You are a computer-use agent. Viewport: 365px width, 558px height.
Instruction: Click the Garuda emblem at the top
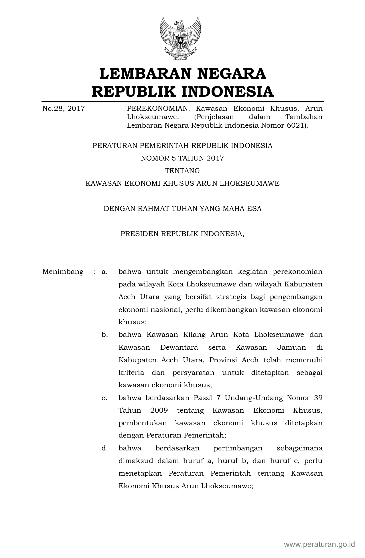(180, 39)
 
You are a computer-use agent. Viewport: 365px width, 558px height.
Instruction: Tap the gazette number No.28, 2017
(64, 109)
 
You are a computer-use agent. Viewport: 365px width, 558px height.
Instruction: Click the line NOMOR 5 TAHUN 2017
(182, 158)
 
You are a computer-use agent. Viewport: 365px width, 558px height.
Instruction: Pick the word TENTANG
(182, 171)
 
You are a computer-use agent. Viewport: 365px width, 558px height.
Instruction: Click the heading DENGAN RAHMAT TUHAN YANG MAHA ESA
(182, 209)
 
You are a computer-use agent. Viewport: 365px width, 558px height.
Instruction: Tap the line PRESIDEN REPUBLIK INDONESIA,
(182, 234)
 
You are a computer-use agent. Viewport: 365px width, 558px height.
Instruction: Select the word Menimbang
(63, 272)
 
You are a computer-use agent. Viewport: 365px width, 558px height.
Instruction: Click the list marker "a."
(104, 272)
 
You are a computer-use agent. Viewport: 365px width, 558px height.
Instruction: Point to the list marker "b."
(104, 335)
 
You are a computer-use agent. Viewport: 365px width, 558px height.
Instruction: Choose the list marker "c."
(104, 398)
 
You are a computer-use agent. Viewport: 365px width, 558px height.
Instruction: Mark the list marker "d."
(104, 448)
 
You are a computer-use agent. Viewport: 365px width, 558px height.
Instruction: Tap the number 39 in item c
(318, 398)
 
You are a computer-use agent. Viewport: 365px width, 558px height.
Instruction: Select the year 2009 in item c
(159, 410)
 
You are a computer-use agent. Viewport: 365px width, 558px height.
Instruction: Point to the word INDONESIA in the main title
(228, 92)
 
